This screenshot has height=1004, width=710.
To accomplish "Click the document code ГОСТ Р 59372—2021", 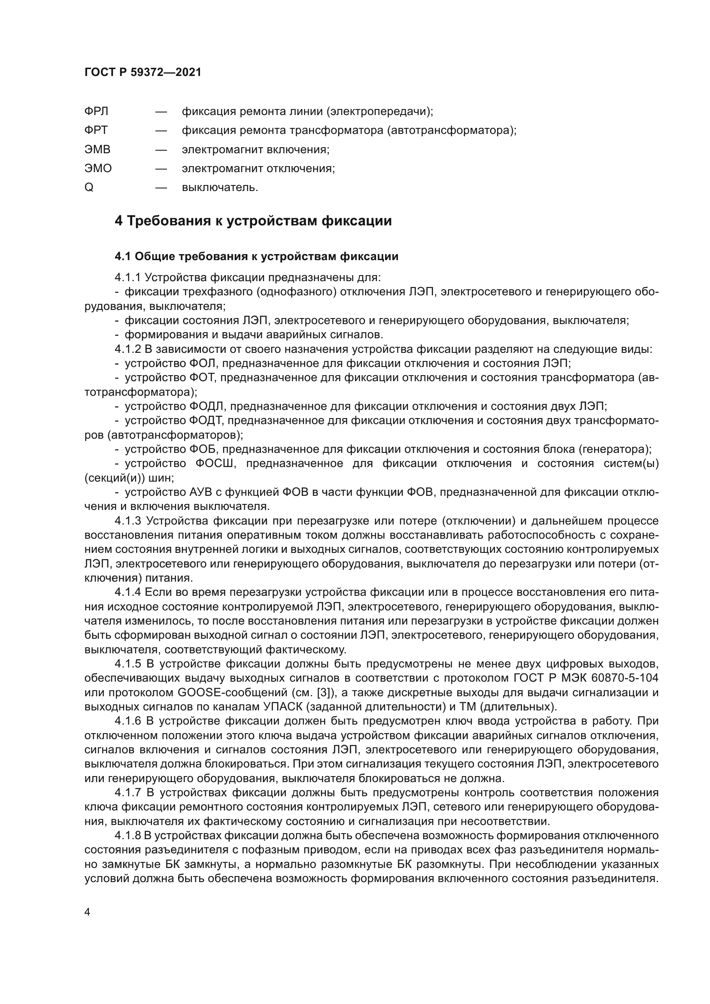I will click(x=143, y=73).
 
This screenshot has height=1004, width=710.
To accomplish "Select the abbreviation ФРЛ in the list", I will click(x=96, y=112).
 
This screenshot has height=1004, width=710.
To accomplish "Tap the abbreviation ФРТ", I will click(x=96, y=130).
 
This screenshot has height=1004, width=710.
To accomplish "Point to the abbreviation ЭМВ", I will click(x=97, y=149).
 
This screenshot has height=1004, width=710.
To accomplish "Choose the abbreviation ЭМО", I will click(x=98, y=168).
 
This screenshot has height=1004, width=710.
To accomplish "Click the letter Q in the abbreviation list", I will click(x=89, y=188).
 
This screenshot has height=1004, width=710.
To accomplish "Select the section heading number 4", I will click(x=118, y=221).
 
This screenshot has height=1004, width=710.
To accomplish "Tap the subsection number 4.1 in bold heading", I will click(x=123, y=257).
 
